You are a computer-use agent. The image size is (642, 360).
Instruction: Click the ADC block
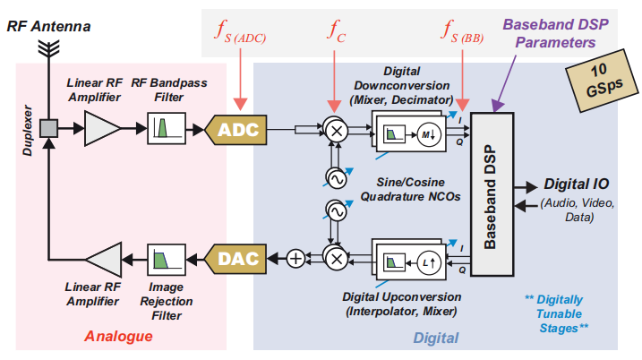pos(237,130)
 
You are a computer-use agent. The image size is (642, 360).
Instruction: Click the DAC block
pos(237,259)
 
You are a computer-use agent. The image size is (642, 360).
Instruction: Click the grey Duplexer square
pos(48,130)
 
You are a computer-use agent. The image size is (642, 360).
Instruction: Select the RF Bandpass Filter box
pos(167,130)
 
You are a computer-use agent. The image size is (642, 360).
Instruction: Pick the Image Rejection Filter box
pos(167,259)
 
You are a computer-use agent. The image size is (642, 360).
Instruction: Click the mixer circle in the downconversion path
pos(337,130)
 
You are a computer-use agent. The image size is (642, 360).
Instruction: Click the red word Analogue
pos(118,336)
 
